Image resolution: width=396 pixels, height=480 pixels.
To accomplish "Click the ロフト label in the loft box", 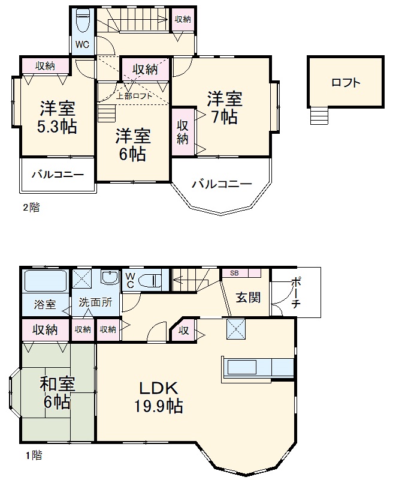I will click(346, 83).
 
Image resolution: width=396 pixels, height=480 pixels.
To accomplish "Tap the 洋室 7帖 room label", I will click(225, 107).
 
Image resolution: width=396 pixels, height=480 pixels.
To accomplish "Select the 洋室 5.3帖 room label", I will click(58, 118).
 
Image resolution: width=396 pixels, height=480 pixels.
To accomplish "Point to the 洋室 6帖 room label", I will click(132, 144).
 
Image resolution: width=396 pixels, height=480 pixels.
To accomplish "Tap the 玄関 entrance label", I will click(247, 297).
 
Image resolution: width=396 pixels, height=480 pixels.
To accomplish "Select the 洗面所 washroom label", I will click(96, 303).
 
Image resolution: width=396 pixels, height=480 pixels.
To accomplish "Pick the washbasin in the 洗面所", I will click(110, 278).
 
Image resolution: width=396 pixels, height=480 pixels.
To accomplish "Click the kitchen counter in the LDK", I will click(258, 367).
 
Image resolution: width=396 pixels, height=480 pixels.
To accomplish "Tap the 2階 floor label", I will click(31, 208).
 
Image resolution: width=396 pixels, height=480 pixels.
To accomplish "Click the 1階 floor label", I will click(32, 455).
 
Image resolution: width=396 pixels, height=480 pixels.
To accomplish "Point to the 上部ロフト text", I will click(134, 95).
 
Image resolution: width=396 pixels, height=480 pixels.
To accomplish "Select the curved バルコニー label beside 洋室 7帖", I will click(222, 184).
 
